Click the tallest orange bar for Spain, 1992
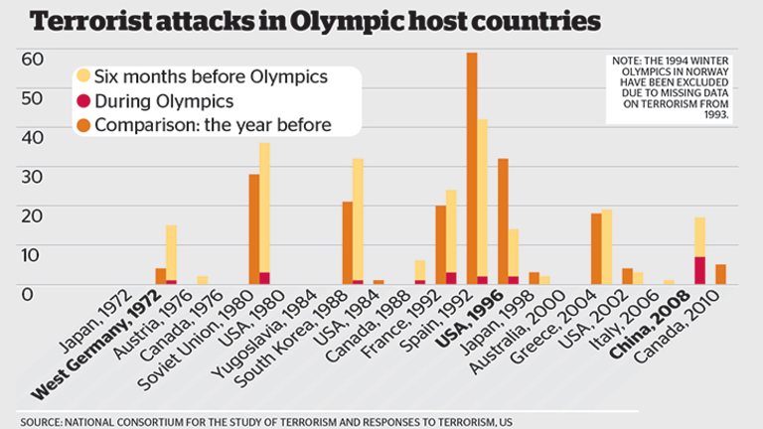pos(472,169)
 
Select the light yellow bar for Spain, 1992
pos(483,199)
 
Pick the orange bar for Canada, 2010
pos(720,274)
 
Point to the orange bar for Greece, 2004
pos(596,248)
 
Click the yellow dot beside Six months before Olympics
pos(83,75)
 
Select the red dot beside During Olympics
pos(83,100)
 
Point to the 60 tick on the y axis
pos(32,58)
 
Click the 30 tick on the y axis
pos(32,175)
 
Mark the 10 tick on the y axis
pos(32,253)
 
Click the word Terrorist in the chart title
pos(89,21)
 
